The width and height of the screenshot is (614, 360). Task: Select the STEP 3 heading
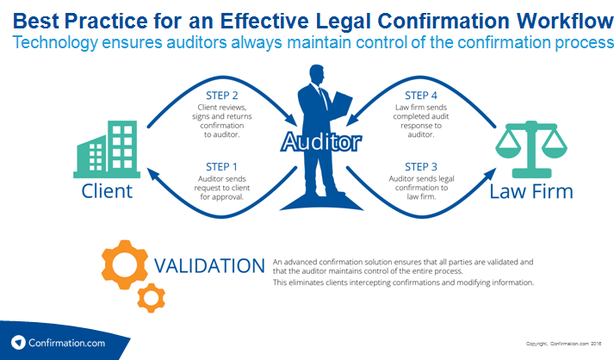coord(421,166)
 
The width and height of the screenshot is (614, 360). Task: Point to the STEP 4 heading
coord(421,93)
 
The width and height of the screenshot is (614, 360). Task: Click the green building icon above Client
coord(108,147)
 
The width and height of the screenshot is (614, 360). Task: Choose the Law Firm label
coord(524,190)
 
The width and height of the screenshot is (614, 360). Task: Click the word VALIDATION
coord(209,265)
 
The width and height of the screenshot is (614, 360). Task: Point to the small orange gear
coord(151,298)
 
